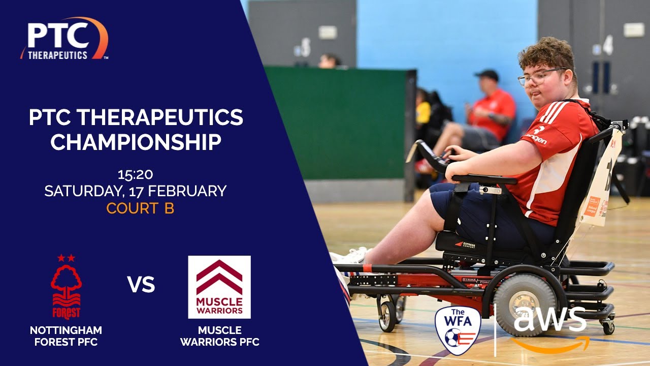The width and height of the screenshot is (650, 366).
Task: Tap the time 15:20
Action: click(x=135, y=174)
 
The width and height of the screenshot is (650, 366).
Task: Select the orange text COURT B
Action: click(x=140, y=208)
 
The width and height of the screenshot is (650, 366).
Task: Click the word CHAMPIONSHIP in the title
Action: click(x=136, y=142)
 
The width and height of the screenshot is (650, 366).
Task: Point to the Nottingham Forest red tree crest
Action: click(x=66, y=287)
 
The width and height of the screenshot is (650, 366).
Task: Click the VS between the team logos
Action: click(x=141, y=285)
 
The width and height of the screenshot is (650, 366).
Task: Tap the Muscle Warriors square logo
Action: click(x=219, y=287)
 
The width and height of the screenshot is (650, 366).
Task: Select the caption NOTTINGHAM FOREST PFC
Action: click(x=66, y=337)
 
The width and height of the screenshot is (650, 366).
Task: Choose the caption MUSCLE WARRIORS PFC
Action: click(x=219, y=337)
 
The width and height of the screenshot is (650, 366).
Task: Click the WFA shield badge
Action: click(x=458, y=329)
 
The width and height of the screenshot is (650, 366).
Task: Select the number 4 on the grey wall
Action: click(x=608, y=46)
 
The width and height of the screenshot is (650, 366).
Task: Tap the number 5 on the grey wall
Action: click(x=305, y=48)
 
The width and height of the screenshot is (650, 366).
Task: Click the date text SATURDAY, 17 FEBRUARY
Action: click(x=135, y=191)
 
